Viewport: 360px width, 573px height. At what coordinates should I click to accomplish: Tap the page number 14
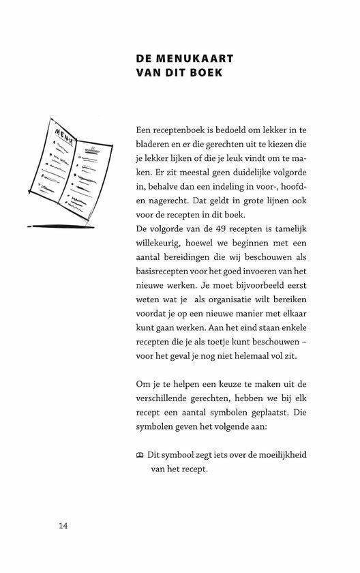(63, 525)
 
